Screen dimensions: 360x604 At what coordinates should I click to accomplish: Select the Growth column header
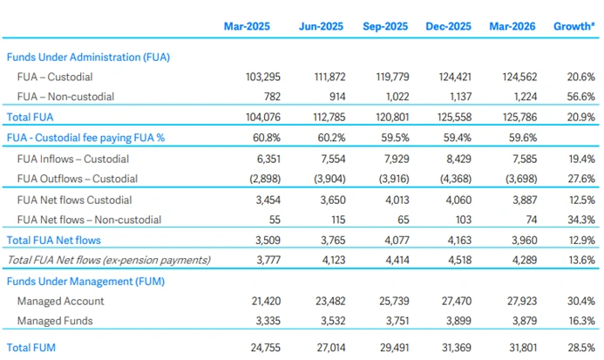click(x=574, y=26)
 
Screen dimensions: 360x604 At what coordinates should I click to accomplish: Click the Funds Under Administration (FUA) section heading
click(x=88, y=57)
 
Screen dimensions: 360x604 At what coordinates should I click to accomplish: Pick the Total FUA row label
click(x=31, y=116)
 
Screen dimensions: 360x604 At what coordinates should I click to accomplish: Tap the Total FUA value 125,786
click(x=519, y=116)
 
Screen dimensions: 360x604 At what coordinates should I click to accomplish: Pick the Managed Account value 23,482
click(x=324, y=301)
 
